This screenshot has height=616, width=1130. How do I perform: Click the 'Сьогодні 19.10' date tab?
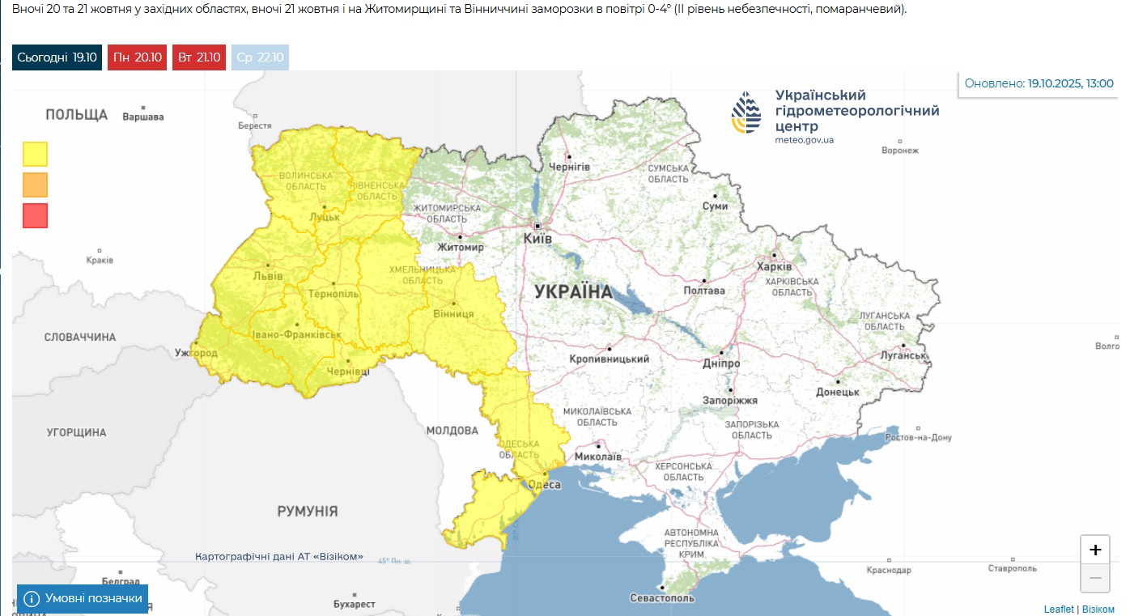point(57,57)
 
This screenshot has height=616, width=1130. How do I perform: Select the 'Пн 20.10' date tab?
point(138,57)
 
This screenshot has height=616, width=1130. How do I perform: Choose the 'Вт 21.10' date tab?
point(198,57)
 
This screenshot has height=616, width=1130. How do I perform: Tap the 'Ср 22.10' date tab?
point(260,57)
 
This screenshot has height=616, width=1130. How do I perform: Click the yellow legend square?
point(36,154)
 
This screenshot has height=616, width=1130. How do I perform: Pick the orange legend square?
point(36,185)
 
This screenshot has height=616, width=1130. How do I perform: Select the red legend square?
point(36,215)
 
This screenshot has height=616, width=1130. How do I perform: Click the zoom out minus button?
point(1094,579)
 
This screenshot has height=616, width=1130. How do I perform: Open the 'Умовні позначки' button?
point(83,599)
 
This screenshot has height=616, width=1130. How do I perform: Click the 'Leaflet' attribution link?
point(1058,610)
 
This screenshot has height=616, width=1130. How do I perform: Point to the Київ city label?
point(537,239)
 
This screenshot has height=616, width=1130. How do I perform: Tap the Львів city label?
point(268,276)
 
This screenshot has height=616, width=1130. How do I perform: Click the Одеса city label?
point(544,484)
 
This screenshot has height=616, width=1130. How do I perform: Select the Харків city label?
point(774,266)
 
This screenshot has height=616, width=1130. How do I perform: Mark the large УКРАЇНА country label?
point(573,292)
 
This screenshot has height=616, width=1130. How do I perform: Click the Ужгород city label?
point(196,353)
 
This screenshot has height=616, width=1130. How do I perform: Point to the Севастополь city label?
point(662,598)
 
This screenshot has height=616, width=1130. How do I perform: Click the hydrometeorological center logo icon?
point(746,113)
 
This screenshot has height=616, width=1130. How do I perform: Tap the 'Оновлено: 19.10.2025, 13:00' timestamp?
point(1039,83)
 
